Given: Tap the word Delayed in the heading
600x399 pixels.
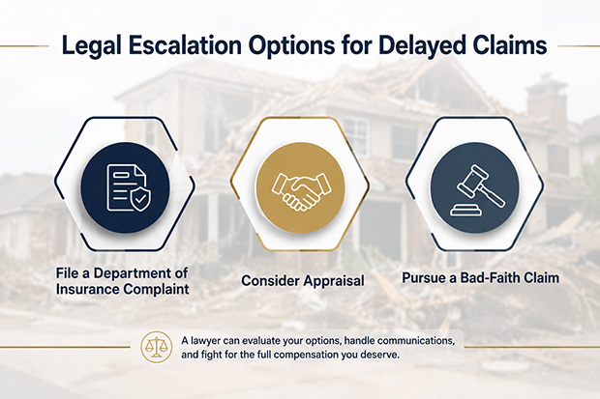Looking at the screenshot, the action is point(422,45).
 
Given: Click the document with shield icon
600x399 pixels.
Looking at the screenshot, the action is point(128,188).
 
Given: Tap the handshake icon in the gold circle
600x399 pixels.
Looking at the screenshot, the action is point(300,190).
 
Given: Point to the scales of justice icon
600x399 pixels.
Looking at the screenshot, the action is point(156,347).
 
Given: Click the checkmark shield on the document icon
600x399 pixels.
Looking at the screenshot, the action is point(140,199).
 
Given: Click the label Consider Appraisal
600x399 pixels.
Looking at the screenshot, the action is point(303,281).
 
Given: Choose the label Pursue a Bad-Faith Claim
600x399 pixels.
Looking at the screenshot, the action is point(481,277).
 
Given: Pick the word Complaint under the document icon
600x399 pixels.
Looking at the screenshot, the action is point(156,289).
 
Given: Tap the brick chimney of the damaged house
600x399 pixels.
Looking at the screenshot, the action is point(546,100).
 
